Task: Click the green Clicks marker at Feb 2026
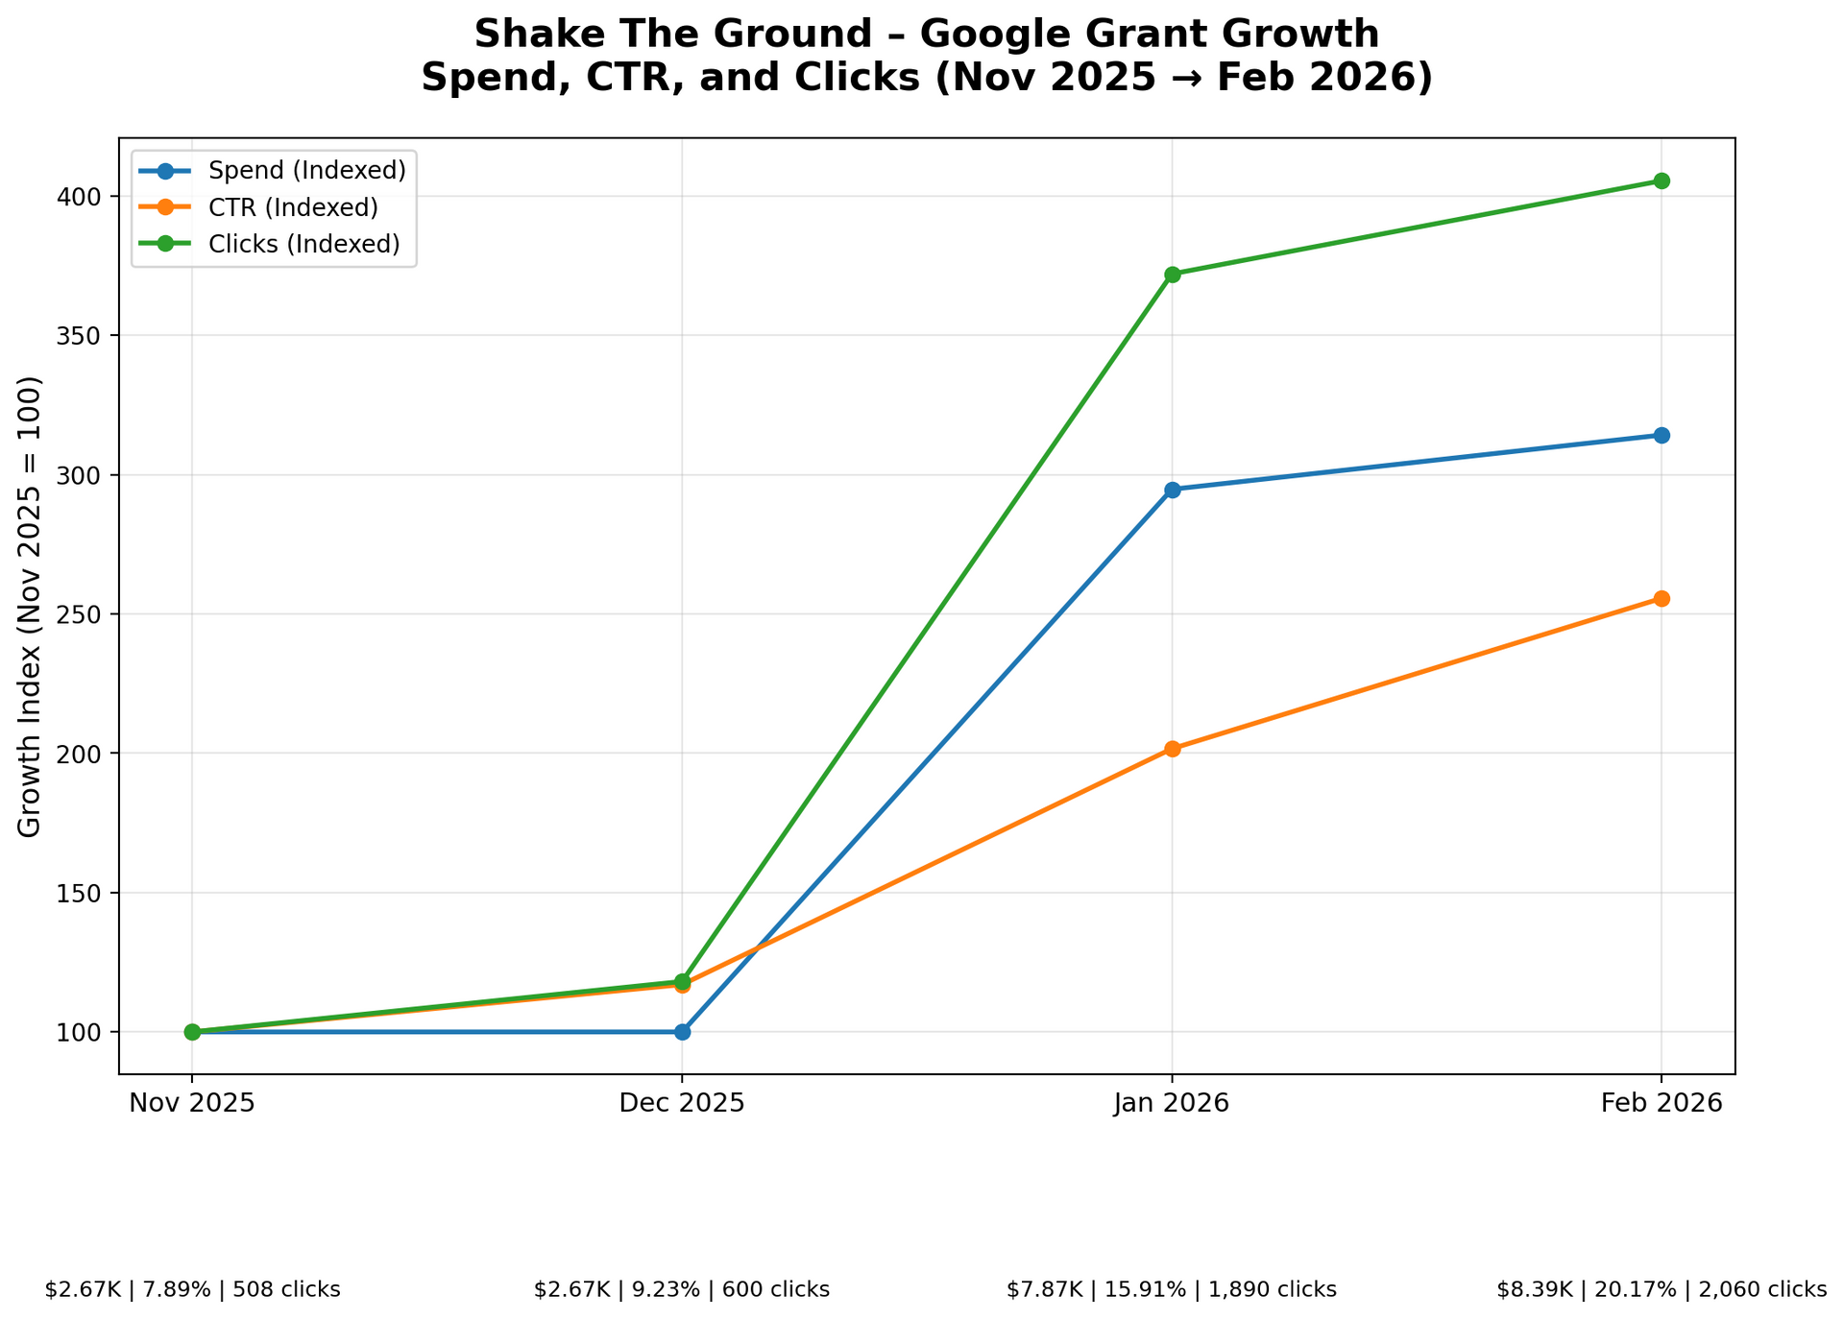[x=1661, y=181]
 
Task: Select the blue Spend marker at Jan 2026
[x=1172, y=490]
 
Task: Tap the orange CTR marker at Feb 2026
[x=1661, y=599]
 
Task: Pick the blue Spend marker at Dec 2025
[x=682, y=1032]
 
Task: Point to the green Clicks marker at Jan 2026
[x=1172, y=275]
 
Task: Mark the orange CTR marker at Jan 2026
[x=1172, y=749]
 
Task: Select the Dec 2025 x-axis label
[x=682, y=1103]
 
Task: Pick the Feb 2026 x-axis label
[x=1661, y=1103]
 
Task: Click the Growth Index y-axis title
[x=31, y=606]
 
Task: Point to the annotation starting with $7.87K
[x=1172, y=1289]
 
